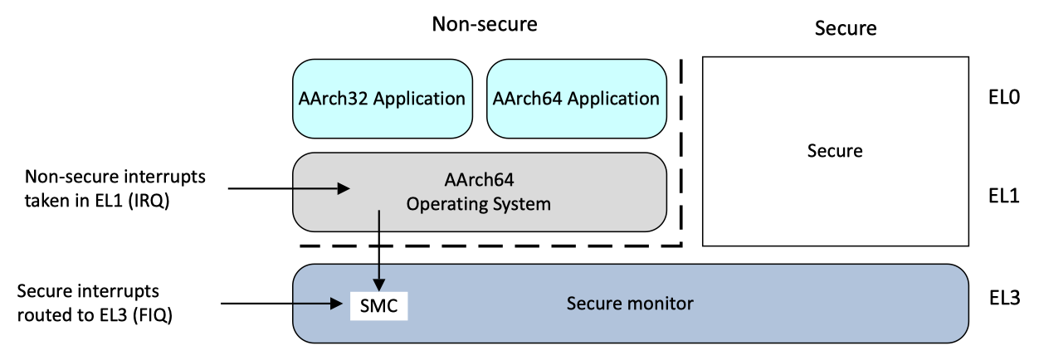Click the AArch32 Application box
click(x=382, y=99)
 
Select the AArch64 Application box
click(x=576, y=99)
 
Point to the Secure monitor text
click(x=630, y=304)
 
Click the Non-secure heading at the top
click(x=485, y=24)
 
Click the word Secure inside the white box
click(x=835, y=151)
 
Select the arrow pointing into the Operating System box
click(x=286, y=189)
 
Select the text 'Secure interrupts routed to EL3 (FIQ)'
click(x=95, y=304)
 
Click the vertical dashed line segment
click(x=680, y=149)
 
